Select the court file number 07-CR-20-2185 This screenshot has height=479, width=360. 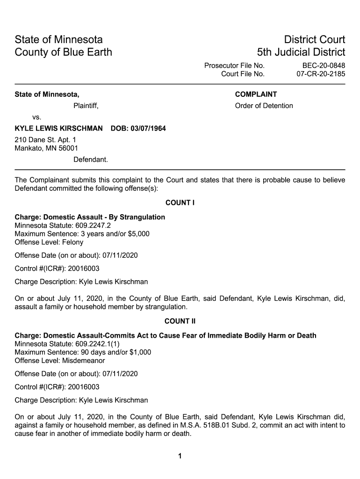coord(321,74)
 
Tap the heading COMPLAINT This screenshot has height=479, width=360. coord(256,94)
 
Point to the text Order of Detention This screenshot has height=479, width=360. coord(264,106)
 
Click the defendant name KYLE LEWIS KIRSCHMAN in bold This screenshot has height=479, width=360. coord(59,129)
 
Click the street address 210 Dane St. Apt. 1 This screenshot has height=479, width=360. coord(45,140)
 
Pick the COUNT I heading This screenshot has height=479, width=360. coord(180,203)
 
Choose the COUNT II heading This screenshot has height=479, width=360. coord(180,321)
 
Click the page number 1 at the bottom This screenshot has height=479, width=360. coord(180,457)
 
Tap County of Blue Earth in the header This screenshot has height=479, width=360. coord(64,52)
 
